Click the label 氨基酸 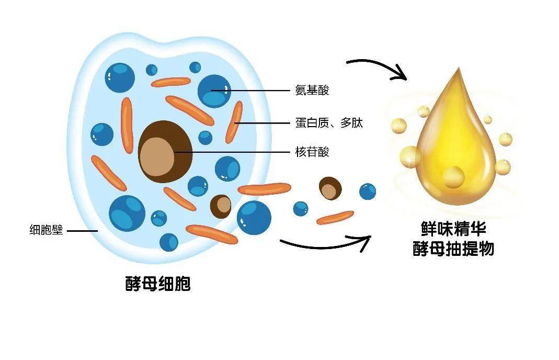click(312, 91)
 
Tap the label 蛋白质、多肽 click(329, 123)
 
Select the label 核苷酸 click(312, 152)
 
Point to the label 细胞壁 click(46, 230)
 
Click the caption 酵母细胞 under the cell click(158, 284)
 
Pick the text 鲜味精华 click(453, 228)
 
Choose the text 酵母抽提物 click(453, 249)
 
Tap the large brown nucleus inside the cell click(165, 152)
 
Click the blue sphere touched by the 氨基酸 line click(214, 92)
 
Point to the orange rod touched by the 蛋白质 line click(234, 122)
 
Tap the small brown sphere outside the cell click(330, 188)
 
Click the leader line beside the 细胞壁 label click(82, 231)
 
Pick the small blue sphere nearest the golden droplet click(368, 192)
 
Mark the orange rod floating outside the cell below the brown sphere click(335, 218)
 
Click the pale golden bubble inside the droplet click(453, 177)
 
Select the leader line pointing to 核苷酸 click(232, 152)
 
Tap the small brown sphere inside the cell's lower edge click(221, 206)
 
